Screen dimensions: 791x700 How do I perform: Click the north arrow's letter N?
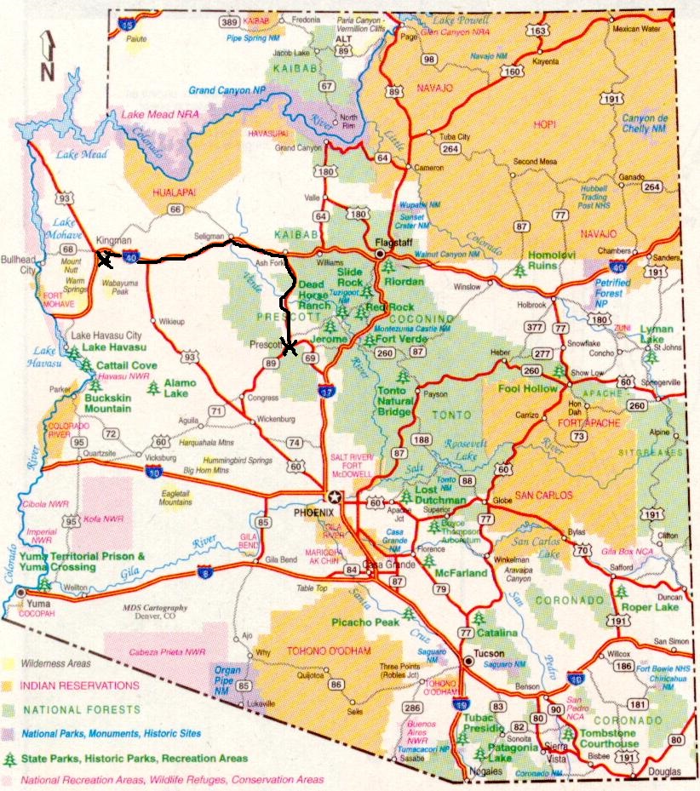point(47,71)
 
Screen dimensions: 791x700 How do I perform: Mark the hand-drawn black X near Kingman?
point(105,259)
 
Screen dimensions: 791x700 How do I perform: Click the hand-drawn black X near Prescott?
point(290,347)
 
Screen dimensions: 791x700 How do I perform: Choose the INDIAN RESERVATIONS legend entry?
point(81,685)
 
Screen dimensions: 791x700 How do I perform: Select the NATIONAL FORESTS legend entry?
point(75,709)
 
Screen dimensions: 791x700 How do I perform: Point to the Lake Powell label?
point(461,20)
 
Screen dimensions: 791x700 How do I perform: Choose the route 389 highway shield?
point(227,21)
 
